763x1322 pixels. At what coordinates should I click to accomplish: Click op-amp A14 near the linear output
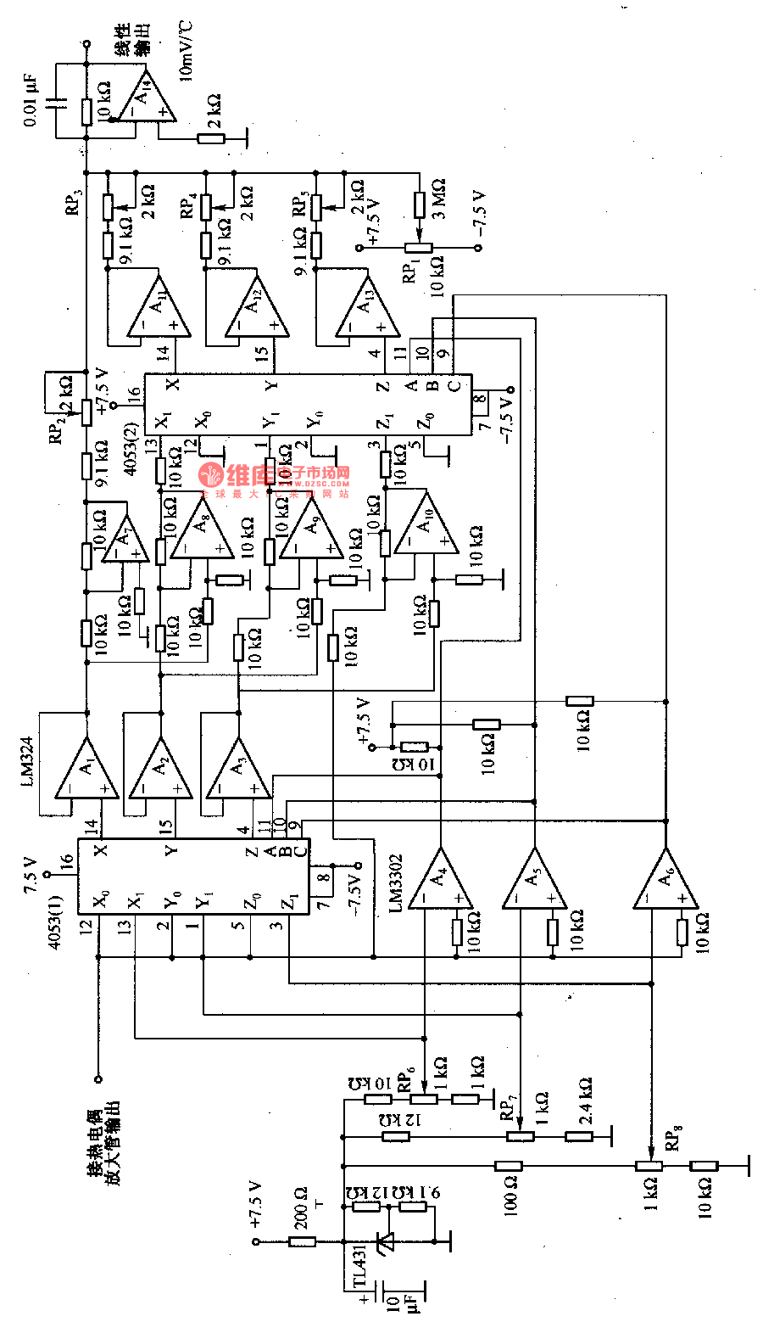[x=147, y=94]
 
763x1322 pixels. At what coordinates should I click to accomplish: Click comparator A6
[x=666, y=881]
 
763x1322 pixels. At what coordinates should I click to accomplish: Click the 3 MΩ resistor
[x=420, y=204]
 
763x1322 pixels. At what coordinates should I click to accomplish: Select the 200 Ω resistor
[x=303, y=1241]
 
